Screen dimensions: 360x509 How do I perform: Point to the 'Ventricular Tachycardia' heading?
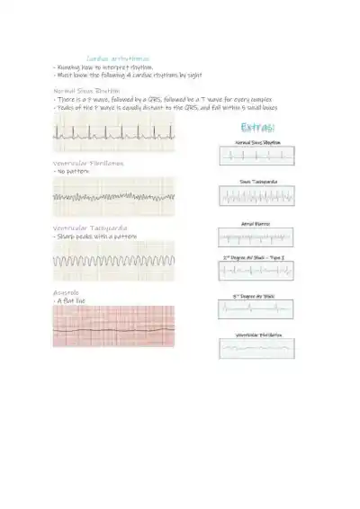click(x=89, y=228)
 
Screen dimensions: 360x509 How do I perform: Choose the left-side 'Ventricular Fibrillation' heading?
click(x=88, y=163)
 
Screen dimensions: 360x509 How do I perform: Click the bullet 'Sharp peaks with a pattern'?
click(x=94, y=237)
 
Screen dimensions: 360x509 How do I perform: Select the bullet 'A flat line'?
click(x=71, y=300)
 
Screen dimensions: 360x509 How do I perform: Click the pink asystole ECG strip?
click(x=113, y=326)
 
